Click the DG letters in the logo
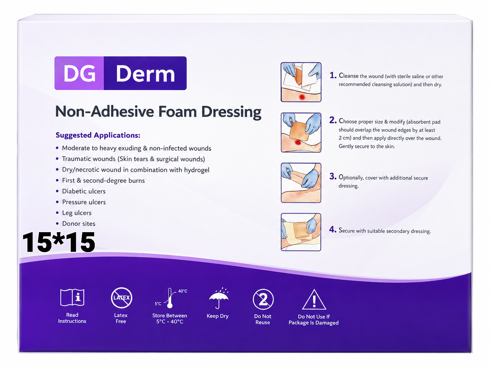coord(80,73)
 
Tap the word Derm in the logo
coord(145,74)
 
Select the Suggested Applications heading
coord(98,135)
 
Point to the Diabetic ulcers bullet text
coord(84,191)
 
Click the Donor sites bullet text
coord(79,223)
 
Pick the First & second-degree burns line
coord(103,180)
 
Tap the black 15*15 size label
coord(59,242)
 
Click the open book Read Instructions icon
coord(72,297)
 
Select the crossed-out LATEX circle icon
coord(121,298)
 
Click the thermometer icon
coord(170,298)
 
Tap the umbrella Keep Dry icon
coord(219,298)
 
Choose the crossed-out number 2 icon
coord(263,299)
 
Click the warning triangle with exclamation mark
coord(314,300)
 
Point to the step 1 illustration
coord(301,82)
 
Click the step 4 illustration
coord(301,232)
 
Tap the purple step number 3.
coord(333,176)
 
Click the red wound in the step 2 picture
coord(297,142)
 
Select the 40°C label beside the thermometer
coord(183,291)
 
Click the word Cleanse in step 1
coord(349,76)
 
